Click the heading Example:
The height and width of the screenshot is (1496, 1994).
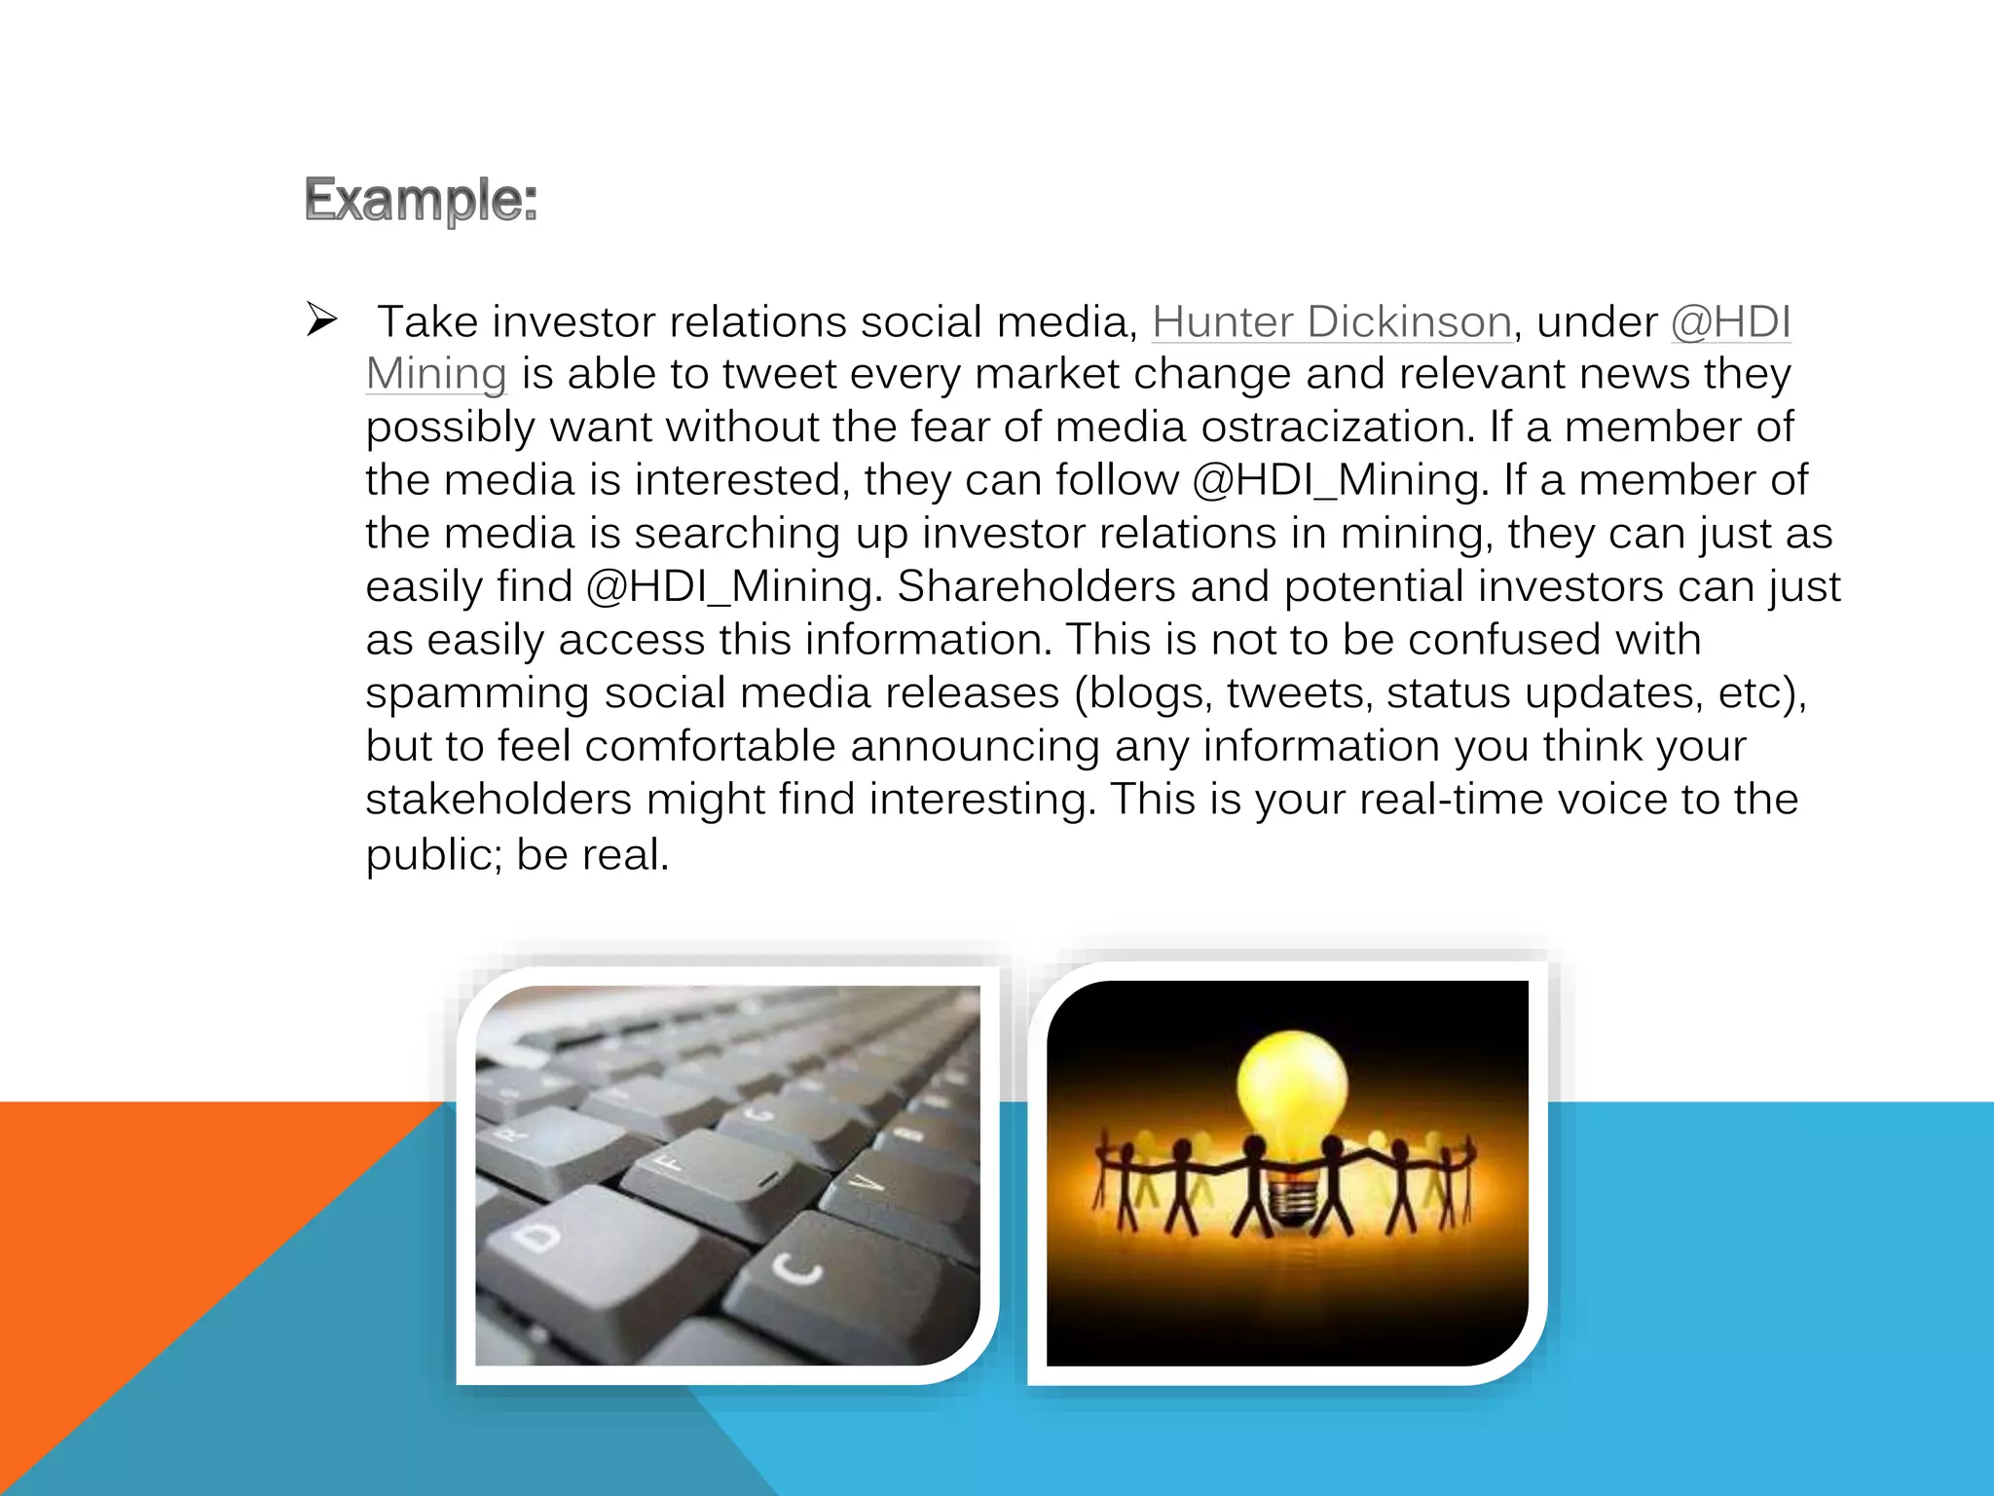tap(421, 200)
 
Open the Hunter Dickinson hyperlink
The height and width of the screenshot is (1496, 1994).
tap(1331, 321)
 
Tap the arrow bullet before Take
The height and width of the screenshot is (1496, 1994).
tap(320, 319)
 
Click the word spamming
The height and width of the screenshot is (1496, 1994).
tap(477, 693)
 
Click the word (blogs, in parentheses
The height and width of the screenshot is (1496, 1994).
tap(1143, 693)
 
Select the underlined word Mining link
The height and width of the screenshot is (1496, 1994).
tap(436, 374)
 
